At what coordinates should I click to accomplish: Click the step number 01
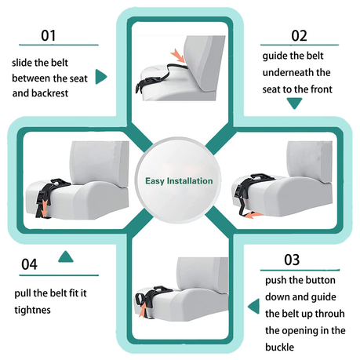point(49,35)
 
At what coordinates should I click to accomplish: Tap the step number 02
point(299,35)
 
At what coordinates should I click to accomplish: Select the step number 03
point(292,260)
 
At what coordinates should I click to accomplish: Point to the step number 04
point(29,264)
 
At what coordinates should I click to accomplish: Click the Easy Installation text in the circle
point(179,181)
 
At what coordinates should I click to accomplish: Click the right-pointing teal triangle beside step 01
point(101,77)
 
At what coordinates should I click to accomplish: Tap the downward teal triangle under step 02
point(294,104)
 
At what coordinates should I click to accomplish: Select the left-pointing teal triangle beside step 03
point(253,307)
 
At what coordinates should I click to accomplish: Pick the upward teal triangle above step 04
point(66,256)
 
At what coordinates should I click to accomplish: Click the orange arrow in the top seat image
point(178,56)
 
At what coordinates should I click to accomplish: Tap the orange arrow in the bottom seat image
point(142,311)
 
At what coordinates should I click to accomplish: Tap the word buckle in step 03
point(279,347)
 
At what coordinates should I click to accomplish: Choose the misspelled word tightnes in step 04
point(32,310)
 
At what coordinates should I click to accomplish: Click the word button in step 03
point(322,280)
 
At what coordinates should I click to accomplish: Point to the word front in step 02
point(322,89)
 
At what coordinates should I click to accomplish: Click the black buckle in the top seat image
point(143,82)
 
